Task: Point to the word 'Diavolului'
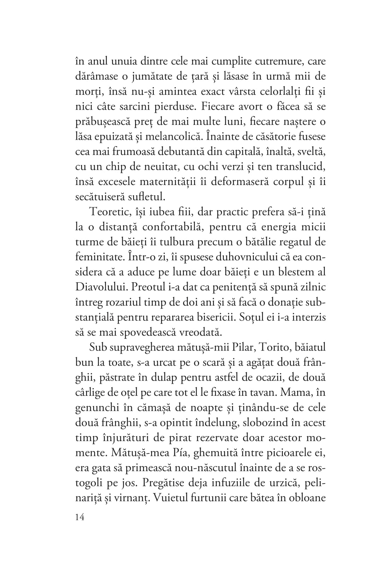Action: point(102,287)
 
